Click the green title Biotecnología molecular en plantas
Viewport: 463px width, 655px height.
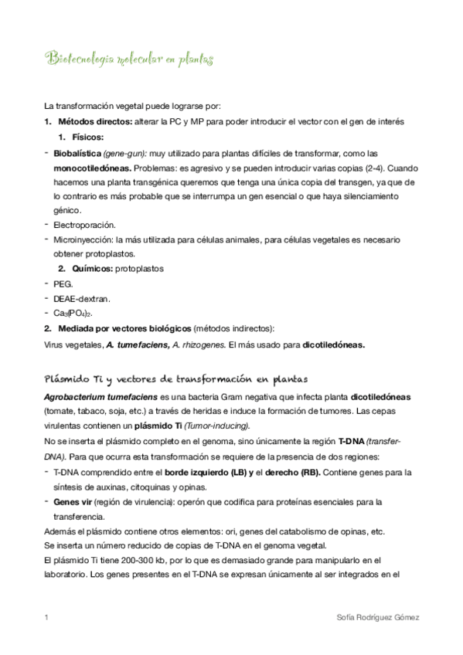(x=130, y=59)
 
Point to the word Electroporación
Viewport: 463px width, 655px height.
(x=85, y=225)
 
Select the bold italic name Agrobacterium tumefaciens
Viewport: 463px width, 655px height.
(x=100, y=397)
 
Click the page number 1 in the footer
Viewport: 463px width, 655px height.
(x=47, y=618)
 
